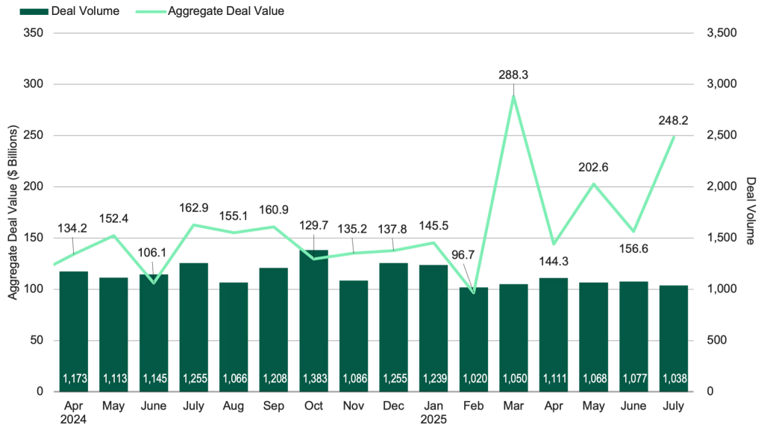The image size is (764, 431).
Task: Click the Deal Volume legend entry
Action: pos(75,12)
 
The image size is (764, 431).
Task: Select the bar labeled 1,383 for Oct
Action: pos(313,321)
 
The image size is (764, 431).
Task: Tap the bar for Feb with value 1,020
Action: pos(474,336)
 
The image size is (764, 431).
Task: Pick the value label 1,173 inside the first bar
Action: pos(74,379)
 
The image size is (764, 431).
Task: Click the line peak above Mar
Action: pos(513,95)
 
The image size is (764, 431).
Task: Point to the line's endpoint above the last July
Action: pos(674,136)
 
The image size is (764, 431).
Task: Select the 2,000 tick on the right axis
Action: pos(720,186)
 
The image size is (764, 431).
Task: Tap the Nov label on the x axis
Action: pos(354,407)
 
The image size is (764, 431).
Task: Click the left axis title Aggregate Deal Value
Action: pos(13,213)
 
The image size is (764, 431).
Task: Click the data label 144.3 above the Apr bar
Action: pos(554,262)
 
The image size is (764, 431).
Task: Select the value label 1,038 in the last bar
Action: pos(674,379)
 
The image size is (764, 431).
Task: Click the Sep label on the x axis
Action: pos(273,407)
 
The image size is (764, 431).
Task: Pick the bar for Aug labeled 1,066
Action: pos(233,336)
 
